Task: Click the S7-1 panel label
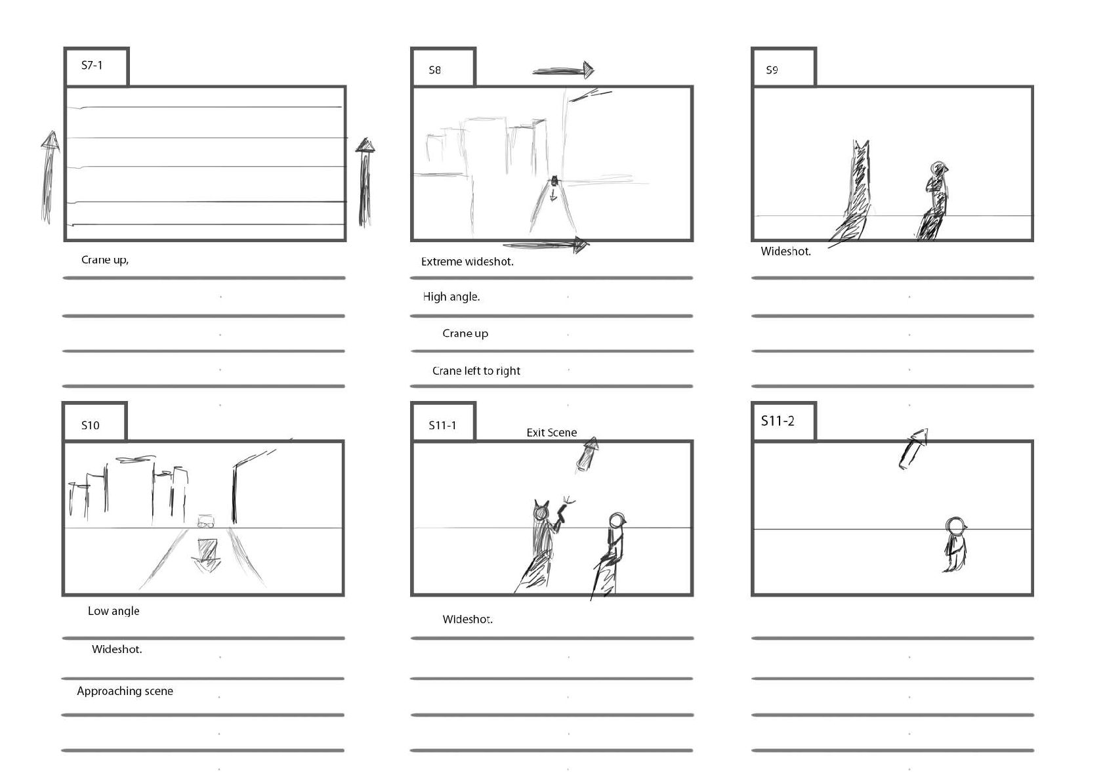92,66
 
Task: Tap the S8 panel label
434,70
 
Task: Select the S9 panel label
772,70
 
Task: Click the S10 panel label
91,425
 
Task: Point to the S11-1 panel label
442,425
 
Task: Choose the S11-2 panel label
778,421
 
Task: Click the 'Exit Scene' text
551,433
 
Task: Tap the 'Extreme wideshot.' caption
467,262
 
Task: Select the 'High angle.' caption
451,297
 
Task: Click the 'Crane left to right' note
476,371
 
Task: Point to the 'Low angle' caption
114,611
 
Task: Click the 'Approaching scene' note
125,691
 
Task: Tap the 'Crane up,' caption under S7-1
104,260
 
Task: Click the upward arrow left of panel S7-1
49,178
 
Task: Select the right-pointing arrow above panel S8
564,70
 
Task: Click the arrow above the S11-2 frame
913,449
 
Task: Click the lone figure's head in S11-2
955,526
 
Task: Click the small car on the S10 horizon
206,522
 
